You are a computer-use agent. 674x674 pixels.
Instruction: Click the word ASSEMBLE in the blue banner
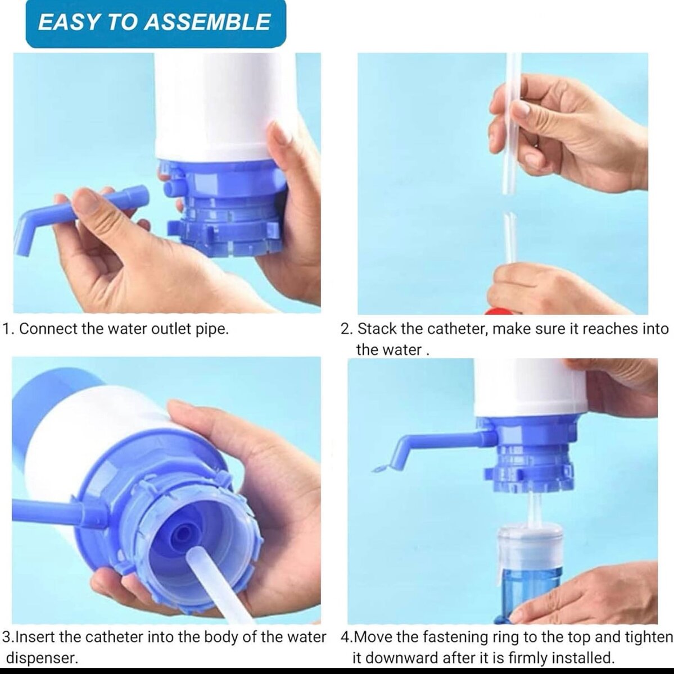pos(207,22)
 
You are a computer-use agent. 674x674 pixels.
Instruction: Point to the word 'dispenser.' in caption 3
pos(42,658)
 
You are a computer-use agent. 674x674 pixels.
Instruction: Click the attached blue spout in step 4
pos(433,444)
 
